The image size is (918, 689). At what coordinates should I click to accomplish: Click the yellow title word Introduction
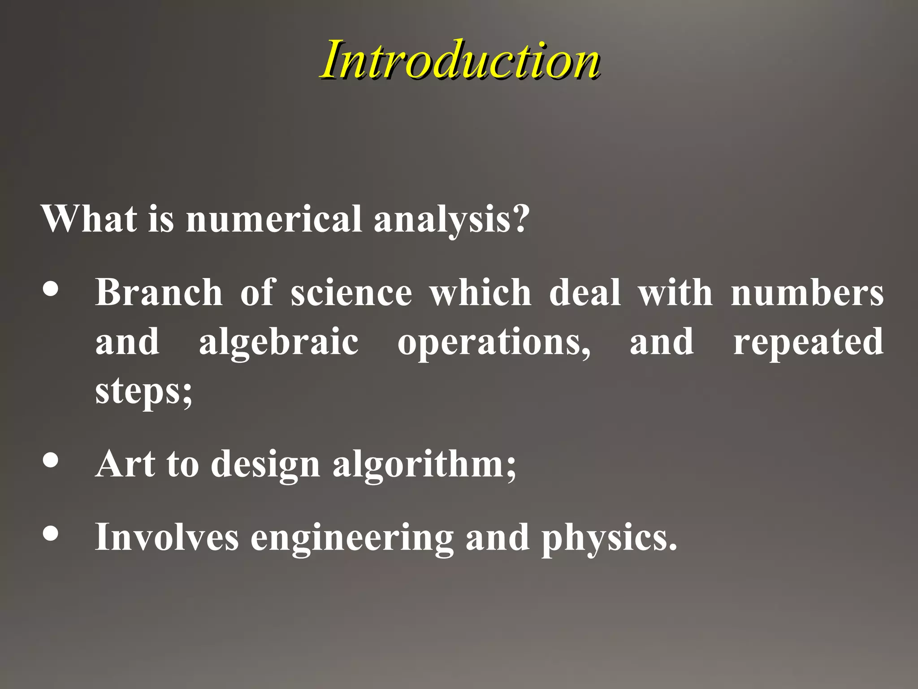pyautogui.click(x=460, y=60)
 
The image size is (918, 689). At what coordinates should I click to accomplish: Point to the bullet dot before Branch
pyautogui.click(x=51, y=289)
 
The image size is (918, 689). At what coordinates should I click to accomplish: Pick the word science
pyautogui.click(x=351, y=292)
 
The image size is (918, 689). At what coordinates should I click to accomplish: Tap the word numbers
pyautogui.click(x=807, y=292)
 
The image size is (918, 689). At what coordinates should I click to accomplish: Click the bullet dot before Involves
pyautogui.click(x=51, y=534)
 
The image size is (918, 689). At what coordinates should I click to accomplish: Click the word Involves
pyautogui.click(x=167, y=537)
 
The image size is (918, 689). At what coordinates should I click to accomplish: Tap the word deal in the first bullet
pyautogui.click(x=585, y=292)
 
